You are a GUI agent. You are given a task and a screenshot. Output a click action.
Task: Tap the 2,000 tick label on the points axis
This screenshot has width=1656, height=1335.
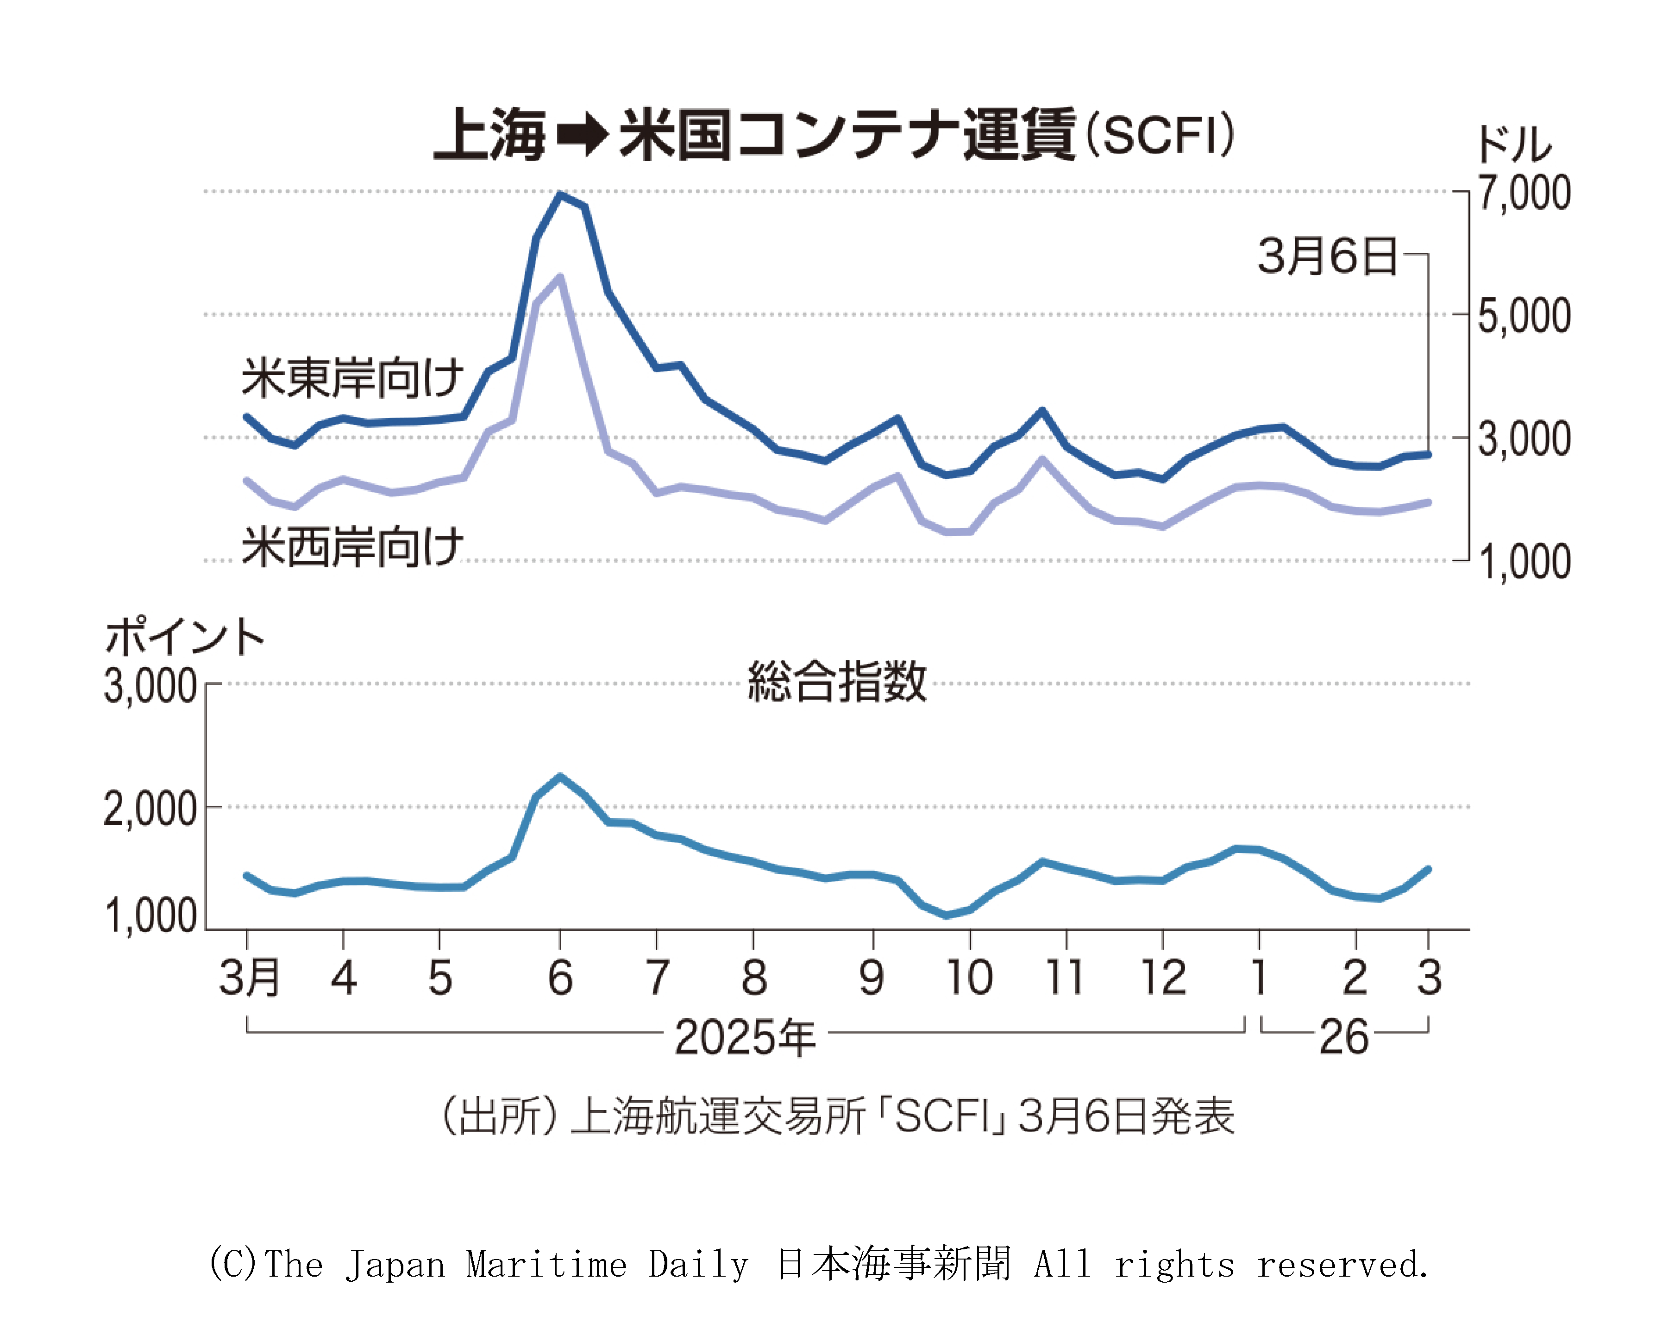pos(151,809)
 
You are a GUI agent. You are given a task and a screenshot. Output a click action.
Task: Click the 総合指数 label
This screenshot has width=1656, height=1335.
pos(837,681)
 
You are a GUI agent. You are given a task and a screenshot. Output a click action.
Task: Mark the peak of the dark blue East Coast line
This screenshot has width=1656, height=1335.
pos(560,194)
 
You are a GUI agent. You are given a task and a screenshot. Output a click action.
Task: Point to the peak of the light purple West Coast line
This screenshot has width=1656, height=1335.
pos(560,277)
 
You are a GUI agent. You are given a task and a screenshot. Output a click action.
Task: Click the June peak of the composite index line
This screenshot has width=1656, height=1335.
pos(560,776)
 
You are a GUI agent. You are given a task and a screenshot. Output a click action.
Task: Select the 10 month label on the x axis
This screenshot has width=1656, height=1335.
pos(969,978)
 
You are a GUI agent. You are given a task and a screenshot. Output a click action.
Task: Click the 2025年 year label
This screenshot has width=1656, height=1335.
pos(745,1037)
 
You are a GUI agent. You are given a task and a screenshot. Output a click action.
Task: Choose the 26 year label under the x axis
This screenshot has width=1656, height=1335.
pos(1344,1037)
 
